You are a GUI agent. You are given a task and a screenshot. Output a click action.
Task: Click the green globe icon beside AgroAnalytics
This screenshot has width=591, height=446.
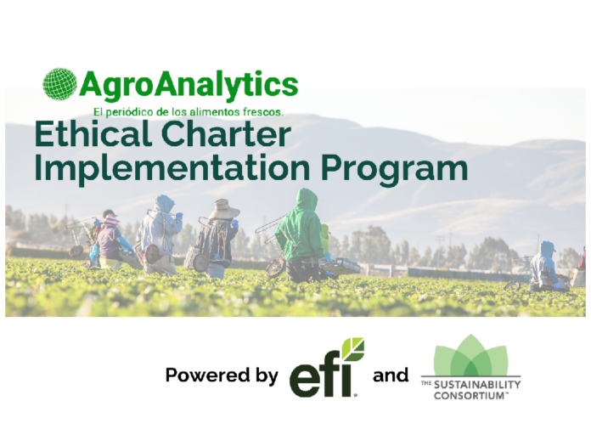pos(59,84)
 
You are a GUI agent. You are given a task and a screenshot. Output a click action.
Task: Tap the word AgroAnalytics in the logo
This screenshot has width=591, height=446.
pos(189,86)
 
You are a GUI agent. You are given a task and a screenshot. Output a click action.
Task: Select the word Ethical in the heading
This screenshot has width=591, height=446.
pos(93,134)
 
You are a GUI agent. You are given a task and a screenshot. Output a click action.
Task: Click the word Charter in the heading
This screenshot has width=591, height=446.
pos(226,134)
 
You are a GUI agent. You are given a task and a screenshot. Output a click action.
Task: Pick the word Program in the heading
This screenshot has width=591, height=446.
pos(395,171)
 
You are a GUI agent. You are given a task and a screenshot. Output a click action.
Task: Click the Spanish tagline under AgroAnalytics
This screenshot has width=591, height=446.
pos(189,112)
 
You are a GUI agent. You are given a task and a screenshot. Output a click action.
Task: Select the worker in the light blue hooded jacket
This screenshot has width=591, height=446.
pos(160,234)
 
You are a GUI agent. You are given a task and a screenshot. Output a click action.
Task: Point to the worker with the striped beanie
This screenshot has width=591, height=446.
pos(113,241)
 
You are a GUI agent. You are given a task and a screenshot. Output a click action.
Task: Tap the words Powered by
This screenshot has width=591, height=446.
pos(222,375)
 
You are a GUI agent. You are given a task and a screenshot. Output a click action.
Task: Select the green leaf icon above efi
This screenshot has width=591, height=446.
pos(353,349)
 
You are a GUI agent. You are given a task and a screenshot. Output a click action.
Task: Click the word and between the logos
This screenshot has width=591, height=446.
pos(391,375)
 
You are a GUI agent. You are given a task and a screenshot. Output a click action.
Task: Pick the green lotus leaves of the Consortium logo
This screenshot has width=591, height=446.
pos(470,355)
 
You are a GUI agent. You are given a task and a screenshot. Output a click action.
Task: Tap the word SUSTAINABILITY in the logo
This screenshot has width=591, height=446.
pos(477,385)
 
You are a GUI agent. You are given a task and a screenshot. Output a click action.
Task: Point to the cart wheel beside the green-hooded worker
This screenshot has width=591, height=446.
pos(275,268)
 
